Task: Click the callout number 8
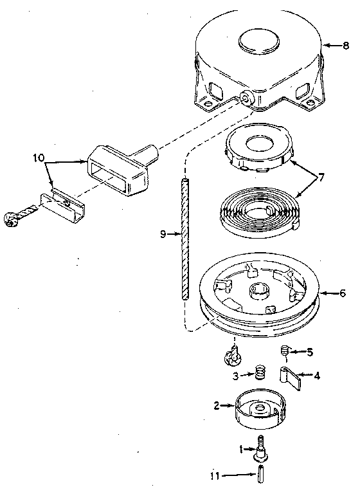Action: (x=346, y=45)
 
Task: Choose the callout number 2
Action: (x=217, y=406)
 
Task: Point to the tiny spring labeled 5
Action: (x=286, y=351)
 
